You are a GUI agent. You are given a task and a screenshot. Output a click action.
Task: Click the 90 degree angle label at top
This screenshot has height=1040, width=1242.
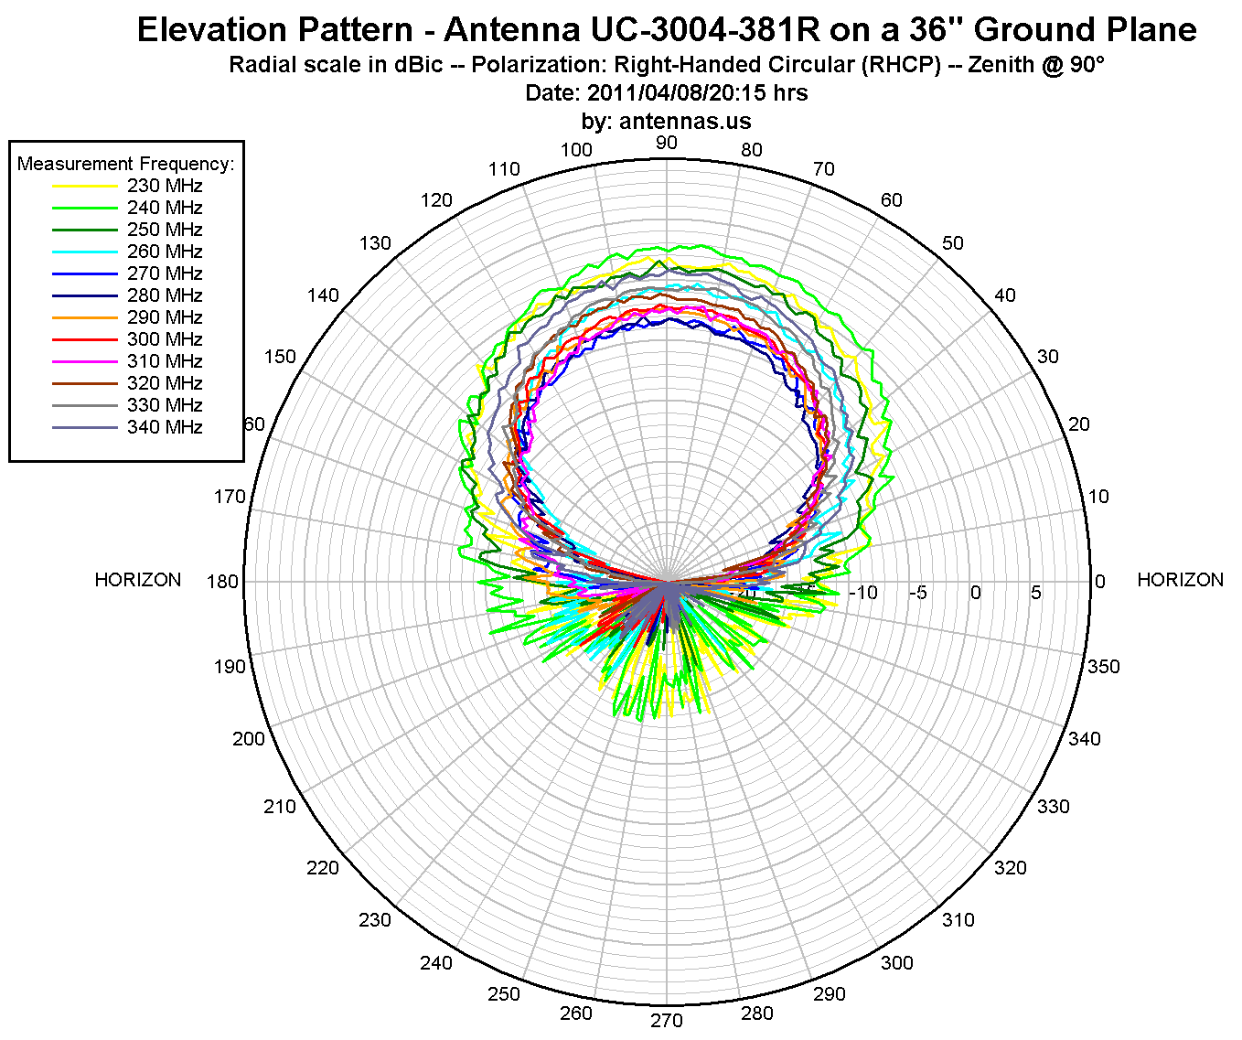coord(667,143)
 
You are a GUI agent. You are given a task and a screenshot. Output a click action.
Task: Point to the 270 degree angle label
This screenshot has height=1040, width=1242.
coord(667,1021)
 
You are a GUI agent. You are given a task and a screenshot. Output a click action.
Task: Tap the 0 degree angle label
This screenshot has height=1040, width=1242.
coord(1099,582)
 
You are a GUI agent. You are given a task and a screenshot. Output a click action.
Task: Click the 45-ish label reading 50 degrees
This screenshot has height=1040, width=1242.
coord(953,243)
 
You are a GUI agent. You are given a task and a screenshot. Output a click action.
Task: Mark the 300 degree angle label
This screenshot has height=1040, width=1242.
coord(896,962)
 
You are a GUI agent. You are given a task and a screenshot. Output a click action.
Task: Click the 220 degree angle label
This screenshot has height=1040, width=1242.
coord(323,867)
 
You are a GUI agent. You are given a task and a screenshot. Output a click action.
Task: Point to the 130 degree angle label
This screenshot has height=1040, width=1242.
coord(375,243)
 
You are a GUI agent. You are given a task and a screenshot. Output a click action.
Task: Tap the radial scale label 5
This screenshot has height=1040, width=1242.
coord(1035,593)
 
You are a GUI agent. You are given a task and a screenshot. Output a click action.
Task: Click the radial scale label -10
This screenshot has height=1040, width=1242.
coord(863,593)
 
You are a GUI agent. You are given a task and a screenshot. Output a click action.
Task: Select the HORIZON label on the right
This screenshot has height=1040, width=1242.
coord(1180,580)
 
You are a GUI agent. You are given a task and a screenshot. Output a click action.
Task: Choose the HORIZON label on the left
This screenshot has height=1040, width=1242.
coord(138,580)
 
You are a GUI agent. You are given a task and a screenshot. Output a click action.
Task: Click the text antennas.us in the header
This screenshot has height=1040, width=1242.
coord(685,121)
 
